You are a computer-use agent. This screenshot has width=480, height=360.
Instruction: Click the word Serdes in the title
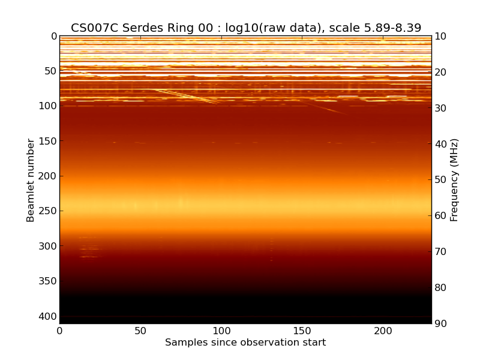coord(143,28)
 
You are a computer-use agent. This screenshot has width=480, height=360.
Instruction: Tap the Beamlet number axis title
coord(31,180)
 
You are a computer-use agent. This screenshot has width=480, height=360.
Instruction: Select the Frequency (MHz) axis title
coord(454,180)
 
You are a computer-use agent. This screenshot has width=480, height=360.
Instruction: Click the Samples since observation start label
coord(245,343)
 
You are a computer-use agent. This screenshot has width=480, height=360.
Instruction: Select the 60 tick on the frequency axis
coord(440,216)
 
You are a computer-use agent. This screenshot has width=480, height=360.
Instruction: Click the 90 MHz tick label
coord(440,324)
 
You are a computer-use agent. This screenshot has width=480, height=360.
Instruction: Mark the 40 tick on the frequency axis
coord(440,144)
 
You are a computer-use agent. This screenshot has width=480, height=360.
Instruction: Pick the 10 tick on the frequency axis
coord(440,37)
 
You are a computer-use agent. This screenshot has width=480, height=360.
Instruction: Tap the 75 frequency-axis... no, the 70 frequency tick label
coord(440,252)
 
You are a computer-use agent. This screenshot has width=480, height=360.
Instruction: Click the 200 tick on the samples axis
coord(383,331)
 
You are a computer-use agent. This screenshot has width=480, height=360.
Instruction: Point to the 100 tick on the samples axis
coord(221,331)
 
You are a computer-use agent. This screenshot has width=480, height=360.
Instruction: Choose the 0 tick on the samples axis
coord(59,331)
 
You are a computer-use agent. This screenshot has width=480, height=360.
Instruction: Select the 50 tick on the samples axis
coord(140,331)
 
